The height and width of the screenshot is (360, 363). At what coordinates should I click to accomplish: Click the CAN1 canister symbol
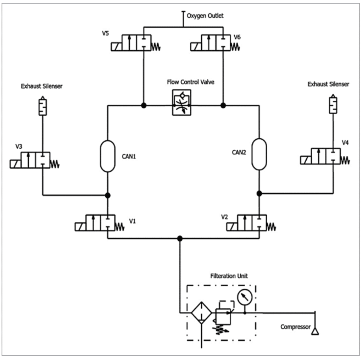(107, 156)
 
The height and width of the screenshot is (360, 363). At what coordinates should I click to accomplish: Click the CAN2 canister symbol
(259, 154)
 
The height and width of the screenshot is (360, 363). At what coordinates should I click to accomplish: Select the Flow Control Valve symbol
(181, 103)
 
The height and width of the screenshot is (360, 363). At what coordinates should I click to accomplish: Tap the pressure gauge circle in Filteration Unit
(245, 297)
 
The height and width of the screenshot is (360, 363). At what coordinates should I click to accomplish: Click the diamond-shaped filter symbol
(201, 313)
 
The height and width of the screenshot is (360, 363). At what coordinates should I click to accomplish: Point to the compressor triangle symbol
(315, 331)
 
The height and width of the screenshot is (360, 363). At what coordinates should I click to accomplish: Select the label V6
(238, 37)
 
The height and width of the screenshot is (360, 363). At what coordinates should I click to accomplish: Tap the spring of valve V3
(55, 164)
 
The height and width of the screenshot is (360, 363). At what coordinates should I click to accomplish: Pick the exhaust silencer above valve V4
(333, 105)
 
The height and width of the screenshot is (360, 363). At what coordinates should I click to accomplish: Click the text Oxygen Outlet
(205, 16)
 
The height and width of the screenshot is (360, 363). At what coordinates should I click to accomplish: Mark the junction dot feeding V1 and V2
(180, 238)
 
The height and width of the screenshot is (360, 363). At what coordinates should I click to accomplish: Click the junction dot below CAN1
(107, 195)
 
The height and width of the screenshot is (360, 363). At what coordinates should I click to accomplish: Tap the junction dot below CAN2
(259, 193)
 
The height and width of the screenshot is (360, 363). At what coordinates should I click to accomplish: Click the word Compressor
(295, 327)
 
